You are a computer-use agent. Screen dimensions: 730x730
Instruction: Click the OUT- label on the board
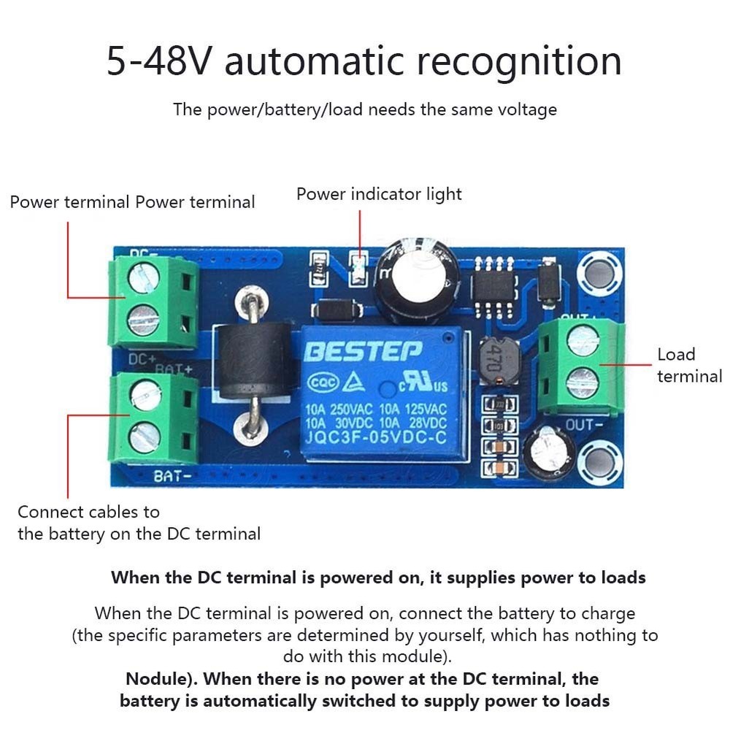tap(584, 424)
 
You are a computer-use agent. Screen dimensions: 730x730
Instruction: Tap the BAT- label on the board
tap(174, 476)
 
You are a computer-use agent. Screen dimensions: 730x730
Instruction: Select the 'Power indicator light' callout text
tap(379, 194)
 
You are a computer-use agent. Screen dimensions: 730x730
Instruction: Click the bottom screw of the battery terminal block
tap(145, 437)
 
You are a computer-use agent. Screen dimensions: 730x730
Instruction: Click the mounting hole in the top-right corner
tap(599, 272)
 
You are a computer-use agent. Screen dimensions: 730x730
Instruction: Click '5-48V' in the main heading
tap(160, 61)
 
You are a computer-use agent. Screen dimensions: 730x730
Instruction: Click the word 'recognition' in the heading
tap(519, 61)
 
